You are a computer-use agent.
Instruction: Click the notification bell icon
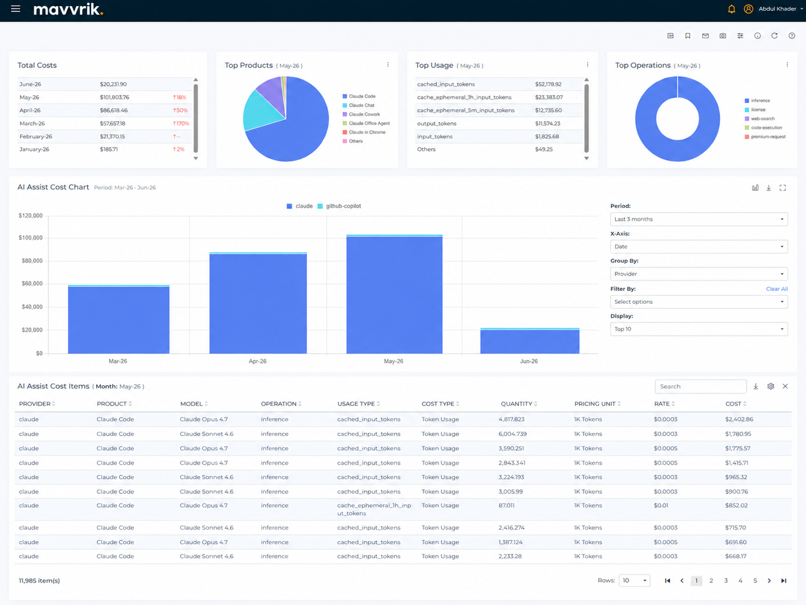(731, 9)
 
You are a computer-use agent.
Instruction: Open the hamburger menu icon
(16, 8)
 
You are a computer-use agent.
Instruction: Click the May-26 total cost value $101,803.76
(115, 97)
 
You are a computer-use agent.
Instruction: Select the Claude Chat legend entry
(358, 105)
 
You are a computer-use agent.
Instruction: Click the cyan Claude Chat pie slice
(259, 110)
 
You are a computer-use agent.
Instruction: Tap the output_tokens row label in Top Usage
(436, 124)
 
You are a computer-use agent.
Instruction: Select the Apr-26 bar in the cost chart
(258, 303)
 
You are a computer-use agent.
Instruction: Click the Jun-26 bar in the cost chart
(529, 341)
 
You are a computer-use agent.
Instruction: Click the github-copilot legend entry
(339, 206)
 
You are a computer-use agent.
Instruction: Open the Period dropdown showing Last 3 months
(699, 219)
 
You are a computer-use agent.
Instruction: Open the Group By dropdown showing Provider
(699, 274)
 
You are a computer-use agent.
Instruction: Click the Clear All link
(776, 289)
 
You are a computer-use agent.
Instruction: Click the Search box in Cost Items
(700, 387)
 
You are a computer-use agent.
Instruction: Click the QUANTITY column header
(517, 404)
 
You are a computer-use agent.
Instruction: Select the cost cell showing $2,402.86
(739, 419)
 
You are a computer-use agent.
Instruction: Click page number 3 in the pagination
(726, 580)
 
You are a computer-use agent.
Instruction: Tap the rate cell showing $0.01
(661, 505)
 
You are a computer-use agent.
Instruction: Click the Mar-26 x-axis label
(118, 361)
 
